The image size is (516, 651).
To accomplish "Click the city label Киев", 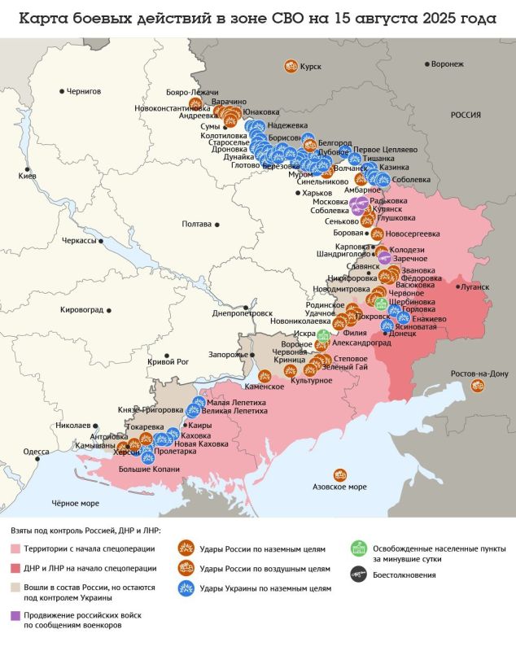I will (28, 176).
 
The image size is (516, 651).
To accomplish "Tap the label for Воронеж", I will (448, 63).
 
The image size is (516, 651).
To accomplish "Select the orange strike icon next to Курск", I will (289, 67).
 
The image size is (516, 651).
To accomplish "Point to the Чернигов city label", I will (83, 91).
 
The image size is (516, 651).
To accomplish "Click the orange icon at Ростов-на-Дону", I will (477, 387).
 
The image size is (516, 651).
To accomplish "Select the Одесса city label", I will (36, 451).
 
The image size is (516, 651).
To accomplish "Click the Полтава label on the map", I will (196, 224).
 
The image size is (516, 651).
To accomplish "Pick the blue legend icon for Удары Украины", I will (186, 587).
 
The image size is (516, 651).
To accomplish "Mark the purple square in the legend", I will (15, 615).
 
